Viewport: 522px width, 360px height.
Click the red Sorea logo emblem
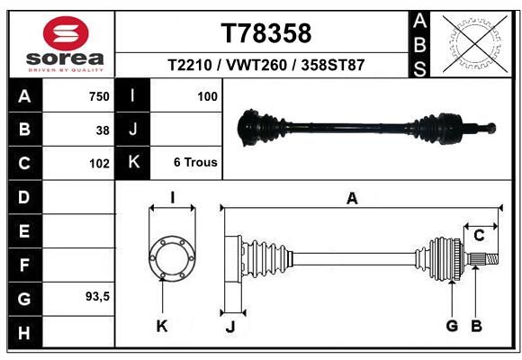[x=66, y=33]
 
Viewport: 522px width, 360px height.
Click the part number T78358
[x=266, y=33]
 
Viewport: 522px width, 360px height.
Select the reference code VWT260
[x=256, y=65]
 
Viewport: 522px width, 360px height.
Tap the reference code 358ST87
[x=333, y=65]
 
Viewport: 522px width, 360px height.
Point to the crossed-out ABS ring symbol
[x=475, y=44]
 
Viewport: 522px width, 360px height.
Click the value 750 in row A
[x=99, y=96]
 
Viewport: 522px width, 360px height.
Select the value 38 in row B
[x=103, y=130]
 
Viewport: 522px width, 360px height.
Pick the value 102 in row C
[x=99, y=164]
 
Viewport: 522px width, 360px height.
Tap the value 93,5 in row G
[x=97, y=296]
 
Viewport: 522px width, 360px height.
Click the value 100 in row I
[x=207, y=96]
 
